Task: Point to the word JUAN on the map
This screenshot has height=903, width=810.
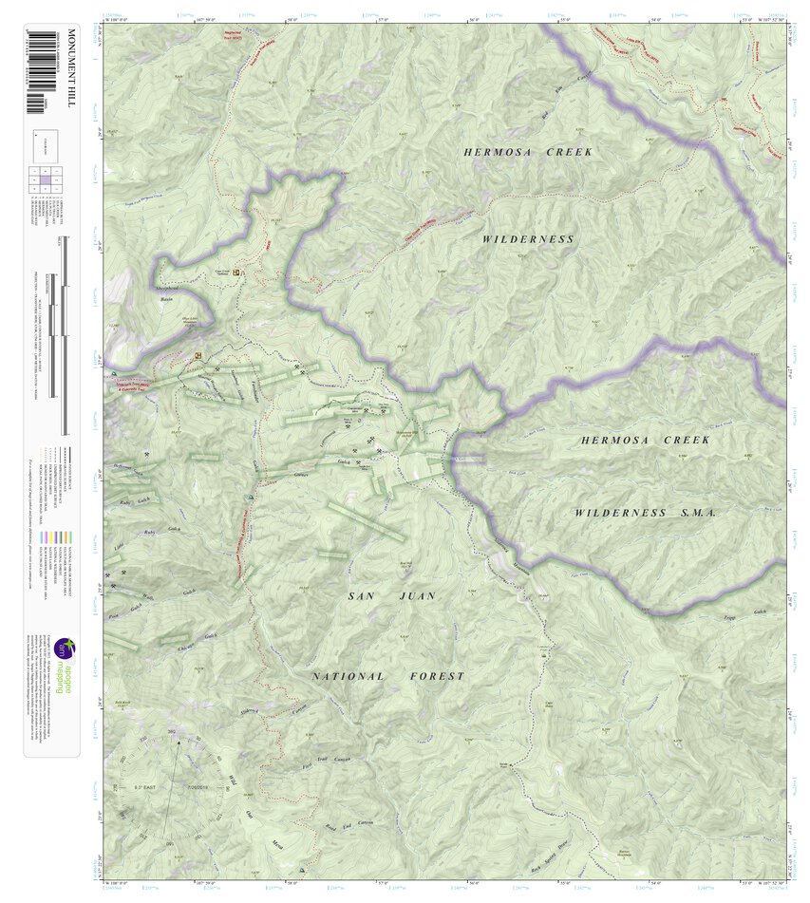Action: (418, 596)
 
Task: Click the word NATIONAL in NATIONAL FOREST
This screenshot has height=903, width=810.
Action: (348, 676)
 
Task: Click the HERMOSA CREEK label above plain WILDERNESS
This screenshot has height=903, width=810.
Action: (528, 152)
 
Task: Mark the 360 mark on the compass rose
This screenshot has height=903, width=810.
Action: (172, 731)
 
